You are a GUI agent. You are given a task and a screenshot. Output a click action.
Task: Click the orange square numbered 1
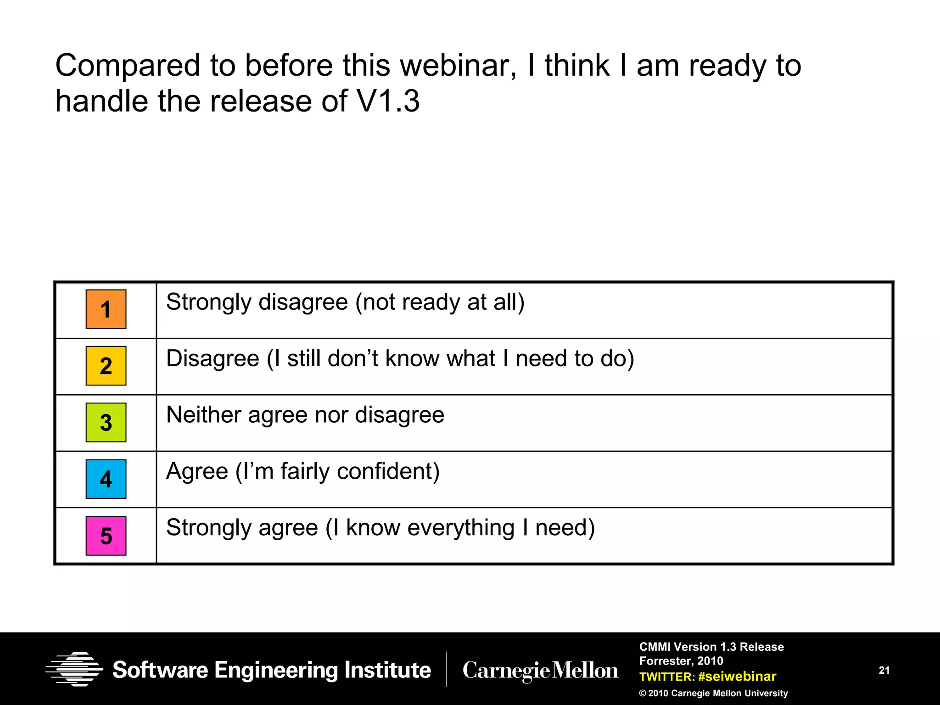[106, 309]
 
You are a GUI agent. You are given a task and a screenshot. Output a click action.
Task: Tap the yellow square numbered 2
[106, 366]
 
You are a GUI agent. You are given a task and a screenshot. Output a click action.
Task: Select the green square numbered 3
[106, 422]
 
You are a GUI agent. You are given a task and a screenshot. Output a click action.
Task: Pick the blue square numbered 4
[106, 479]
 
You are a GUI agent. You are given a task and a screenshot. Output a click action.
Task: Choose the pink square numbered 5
[106, 536]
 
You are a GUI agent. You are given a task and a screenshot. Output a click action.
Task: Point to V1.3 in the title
[388, 101]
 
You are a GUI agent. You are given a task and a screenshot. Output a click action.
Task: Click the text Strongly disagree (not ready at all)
[345, 302]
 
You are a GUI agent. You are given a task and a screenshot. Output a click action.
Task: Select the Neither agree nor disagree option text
[305, 415]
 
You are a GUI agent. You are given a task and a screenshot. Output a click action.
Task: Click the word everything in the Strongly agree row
[461, 528]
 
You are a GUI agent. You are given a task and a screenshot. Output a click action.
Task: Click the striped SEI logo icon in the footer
[74, 669]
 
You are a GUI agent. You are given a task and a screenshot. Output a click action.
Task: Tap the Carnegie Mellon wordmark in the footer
[540, 671]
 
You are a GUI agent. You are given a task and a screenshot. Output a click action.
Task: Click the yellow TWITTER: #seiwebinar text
[707, 677]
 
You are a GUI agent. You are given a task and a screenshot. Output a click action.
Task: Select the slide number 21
[884, 670]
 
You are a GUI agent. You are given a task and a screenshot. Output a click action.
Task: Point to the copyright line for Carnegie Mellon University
[713, 693]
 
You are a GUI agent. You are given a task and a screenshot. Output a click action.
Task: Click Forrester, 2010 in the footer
[681, 661]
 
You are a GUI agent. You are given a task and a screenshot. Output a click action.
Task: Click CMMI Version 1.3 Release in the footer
[711, 647]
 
